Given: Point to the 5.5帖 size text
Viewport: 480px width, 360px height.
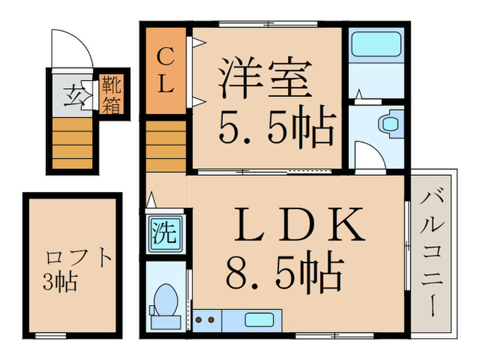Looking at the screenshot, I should [x=276, y=128].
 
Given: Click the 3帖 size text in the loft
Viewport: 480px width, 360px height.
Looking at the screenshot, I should [x=61, y=281].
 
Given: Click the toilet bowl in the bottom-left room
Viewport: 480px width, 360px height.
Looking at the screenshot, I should [x=165, y=301].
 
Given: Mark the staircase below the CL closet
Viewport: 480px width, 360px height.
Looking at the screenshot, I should [x=165, y=145].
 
